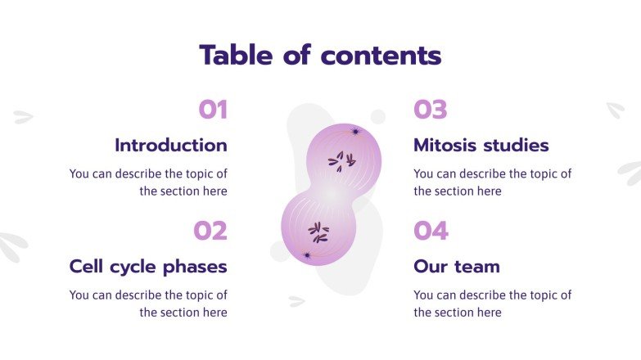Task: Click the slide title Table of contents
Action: (320, 56)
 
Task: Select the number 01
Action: (213, 110)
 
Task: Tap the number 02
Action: (210, 231)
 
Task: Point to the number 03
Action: (431, 110)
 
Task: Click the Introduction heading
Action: (171, 146)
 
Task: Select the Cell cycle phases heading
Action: (148, 267)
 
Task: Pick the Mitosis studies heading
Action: (481, 146)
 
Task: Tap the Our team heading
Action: (456, 267)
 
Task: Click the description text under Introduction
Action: (148, 182)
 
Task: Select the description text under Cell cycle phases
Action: (148, 304)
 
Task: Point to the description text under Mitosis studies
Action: (492, 182)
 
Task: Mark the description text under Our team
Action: (492, 304)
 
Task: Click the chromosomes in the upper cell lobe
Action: (341, 160)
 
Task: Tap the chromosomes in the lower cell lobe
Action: (318, 233)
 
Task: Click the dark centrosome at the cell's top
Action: (355, 131)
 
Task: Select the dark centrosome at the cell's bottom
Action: (307, 255)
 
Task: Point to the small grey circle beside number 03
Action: (377, 116)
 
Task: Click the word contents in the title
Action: (381, 56)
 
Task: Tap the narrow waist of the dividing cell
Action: (330, 196)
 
